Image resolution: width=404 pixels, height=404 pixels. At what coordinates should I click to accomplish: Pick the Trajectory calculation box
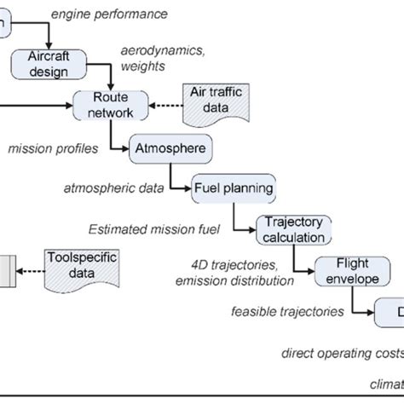pyautogui.click(x=291, y=228)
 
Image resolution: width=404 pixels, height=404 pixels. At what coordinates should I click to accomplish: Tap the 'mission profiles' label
pyautogui.click(x=53, y=149)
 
